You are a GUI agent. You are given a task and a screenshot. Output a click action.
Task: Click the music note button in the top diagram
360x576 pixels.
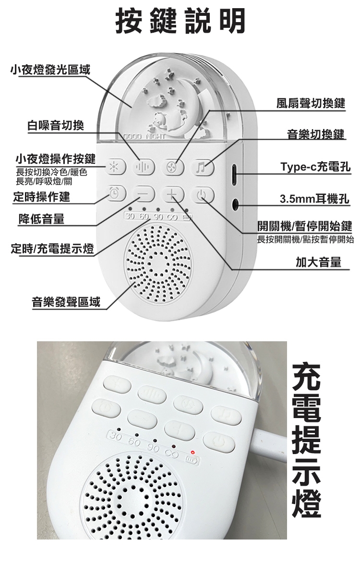202,168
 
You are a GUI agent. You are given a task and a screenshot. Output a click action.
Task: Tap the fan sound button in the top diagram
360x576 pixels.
172,168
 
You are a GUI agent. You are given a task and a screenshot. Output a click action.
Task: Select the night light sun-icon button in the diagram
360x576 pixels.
115,167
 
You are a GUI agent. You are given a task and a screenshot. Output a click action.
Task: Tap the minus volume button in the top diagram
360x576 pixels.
143,193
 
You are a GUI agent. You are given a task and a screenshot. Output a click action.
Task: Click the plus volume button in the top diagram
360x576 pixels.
172,194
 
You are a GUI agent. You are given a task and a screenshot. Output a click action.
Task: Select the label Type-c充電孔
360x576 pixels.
315,167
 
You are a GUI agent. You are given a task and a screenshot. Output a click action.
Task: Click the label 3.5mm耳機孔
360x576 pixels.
315,199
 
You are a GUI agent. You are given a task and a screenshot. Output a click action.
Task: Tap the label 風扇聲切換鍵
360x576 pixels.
311,103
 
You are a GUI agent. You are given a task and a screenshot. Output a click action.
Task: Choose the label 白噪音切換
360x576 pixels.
56,125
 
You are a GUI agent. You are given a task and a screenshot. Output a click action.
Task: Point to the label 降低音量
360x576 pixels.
41,219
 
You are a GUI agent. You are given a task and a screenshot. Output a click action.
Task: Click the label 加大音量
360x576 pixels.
318,262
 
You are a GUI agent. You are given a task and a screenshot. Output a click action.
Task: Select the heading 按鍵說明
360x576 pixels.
180,21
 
